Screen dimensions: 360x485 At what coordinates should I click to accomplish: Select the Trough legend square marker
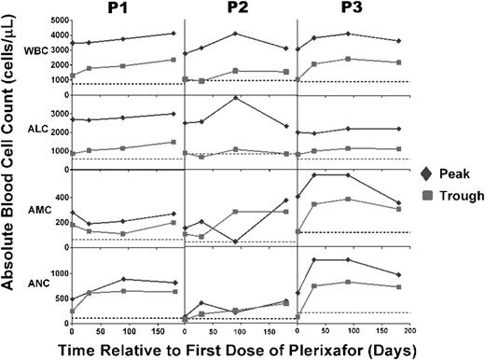pos(426,196)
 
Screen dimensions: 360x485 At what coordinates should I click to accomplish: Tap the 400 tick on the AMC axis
pos(58,198)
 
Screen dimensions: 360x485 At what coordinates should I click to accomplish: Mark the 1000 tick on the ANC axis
pos(55,273)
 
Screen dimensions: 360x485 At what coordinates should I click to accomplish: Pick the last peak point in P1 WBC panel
pos(173,34)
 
